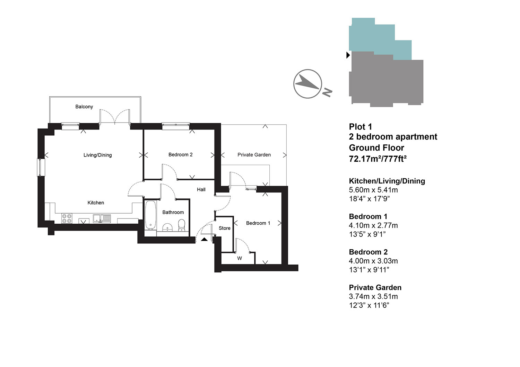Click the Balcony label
click(84, 107)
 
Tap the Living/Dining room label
click(97, 155)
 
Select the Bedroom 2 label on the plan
click(180, 155)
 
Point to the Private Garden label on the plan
click(254, 155)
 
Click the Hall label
click(201, 189)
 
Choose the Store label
click(225, 228)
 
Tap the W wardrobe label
click(240, 258)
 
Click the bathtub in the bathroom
click(150, 215)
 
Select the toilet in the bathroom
click(182, 225)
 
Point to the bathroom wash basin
click(167, 227)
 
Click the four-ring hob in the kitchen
click(67, 218)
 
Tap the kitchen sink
click(102, 218)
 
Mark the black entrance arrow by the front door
click(204, 239)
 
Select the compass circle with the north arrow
click(307, 84)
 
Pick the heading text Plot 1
click(360, 127)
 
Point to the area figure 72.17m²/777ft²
click(378, 159)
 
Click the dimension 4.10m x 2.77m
click(373, 225)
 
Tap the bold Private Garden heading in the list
click(375, 287)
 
